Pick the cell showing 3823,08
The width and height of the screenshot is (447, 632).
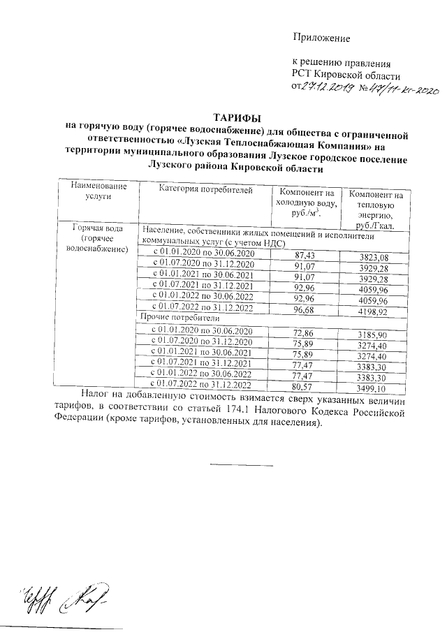click(x=372, y=258)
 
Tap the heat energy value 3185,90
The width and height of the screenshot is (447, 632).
click(x=371, y=335)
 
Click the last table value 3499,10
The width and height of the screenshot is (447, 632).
click(x=371, y=388)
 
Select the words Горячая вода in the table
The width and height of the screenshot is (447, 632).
click(x=101, y=229)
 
